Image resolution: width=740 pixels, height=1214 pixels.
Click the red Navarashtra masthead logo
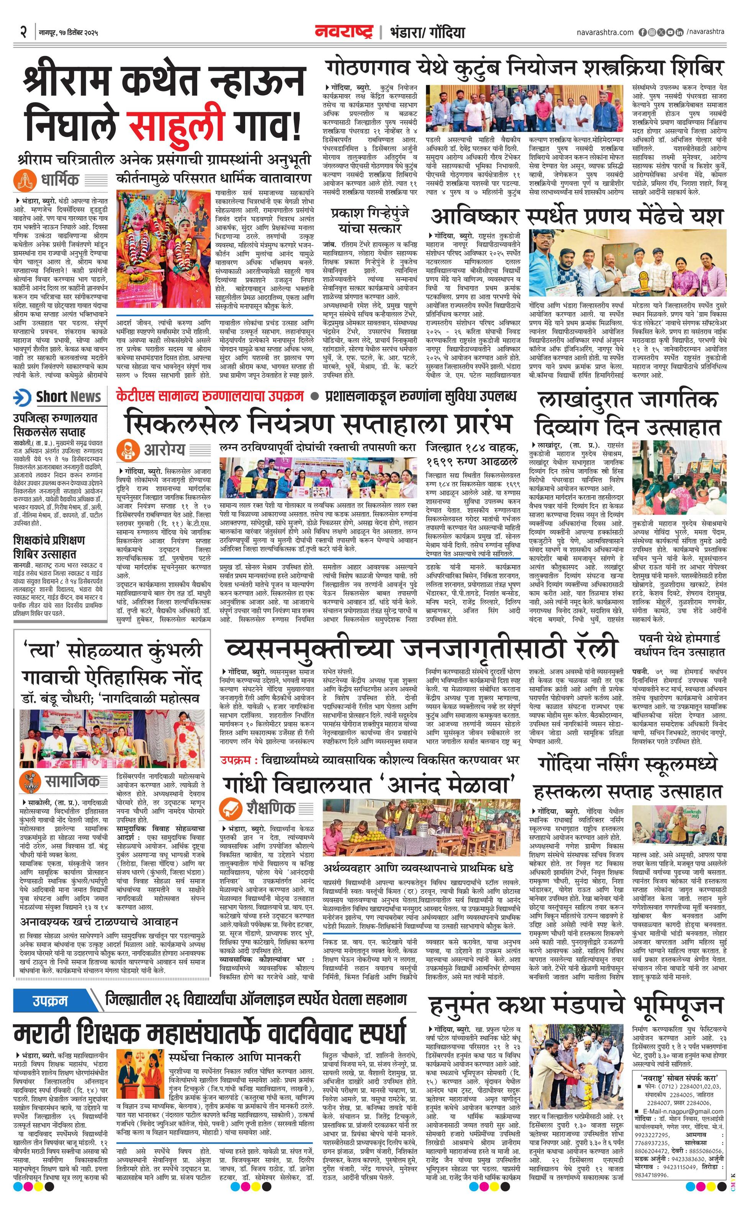[344, 33]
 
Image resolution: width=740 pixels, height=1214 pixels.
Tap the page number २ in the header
[23, 33]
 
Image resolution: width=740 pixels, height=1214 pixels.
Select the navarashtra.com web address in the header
[605, 33]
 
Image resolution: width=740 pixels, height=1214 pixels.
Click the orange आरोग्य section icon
[127, 450]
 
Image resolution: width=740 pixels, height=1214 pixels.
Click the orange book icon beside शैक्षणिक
[230, 807]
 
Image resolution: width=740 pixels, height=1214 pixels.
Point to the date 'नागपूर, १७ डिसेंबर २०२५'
[69, 33]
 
